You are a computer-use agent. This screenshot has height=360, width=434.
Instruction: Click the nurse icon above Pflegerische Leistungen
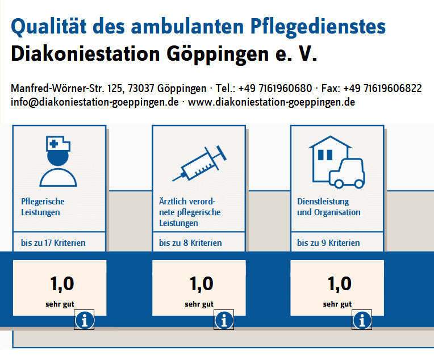[x=59, y=161]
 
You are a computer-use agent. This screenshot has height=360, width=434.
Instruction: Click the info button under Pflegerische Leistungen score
[x=85, y=321]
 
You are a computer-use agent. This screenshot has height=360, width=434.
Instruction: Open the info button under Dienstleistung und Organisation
[x=362, y=321]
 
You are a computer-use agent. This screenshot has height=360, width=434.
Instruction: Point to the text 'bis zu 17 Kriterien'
[x=53, y=243]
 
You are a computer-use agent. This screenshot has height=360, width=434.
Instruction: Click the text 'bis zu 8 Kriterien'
[x=190, y=243]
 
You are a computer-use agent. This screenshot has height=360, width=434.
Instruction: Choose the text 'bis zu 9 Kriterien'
[x=328, y=243]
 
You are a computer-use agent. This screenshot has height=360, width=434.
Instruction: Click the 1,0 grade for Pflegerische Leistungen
[x=62, y=283]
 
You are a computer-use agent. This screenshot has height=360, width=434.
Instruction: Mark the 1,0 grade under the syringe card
[x=201, y=283]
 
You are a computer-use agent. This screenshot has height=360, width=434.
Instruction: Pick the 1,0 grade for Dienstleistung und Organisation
[x=340, y=283]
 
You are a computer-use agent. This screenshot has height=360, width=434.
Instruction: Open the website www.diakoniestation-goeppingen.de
[x=272, y=102]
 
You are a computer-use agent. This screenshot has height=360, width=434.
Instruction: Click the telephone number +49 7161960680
[x=275, y=89]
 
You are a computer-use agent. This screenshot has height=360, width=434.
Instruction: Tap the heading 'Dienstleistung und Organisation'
[x=329, y=207]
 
